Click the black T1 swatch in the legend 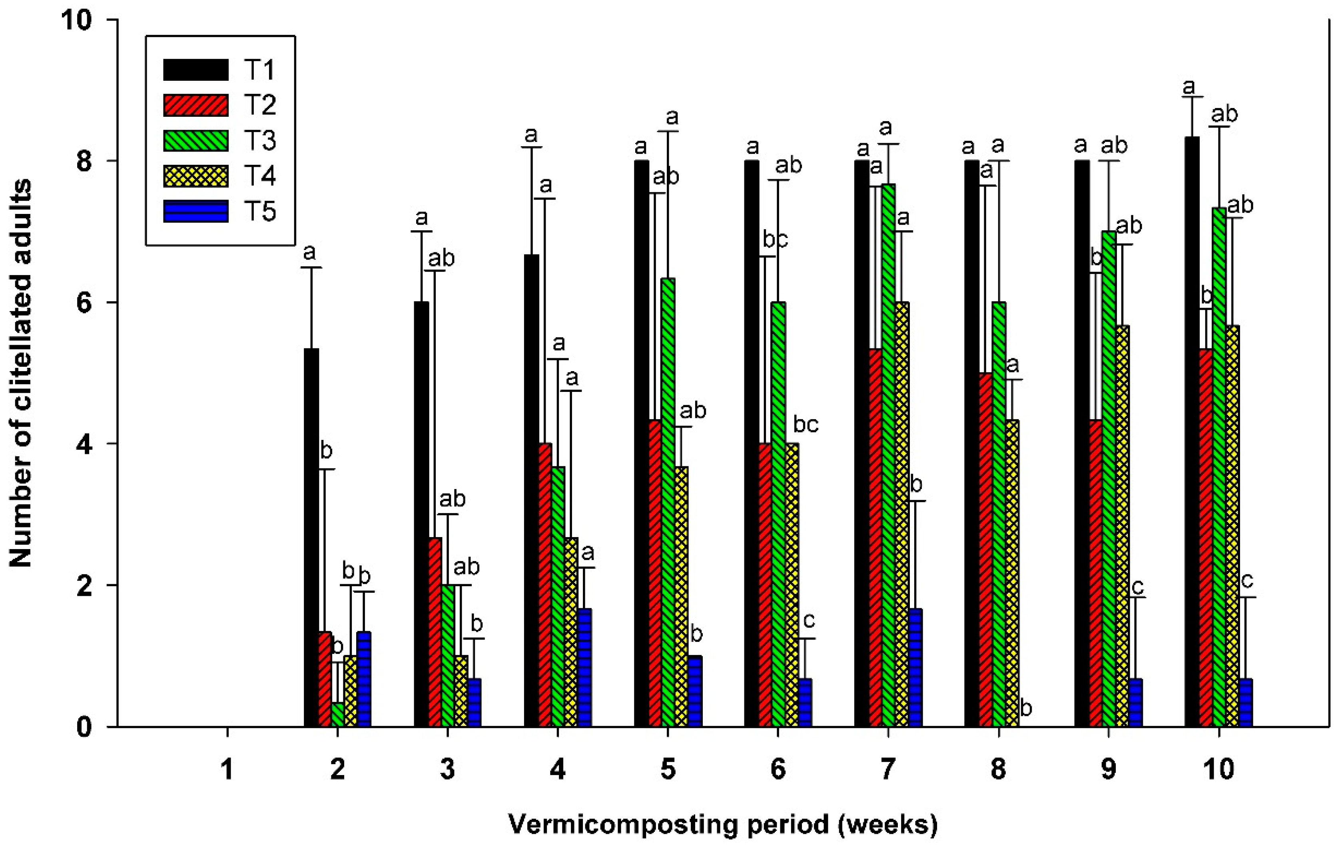click(195, 70)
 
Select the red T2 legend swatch click(195, 105)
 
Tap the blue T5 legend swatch click(195, 212)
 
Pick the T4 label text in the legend click(260, 176)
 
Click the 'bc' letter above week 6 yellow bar click(805, 425)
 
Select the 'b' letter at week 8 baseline click(1026, 709)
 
